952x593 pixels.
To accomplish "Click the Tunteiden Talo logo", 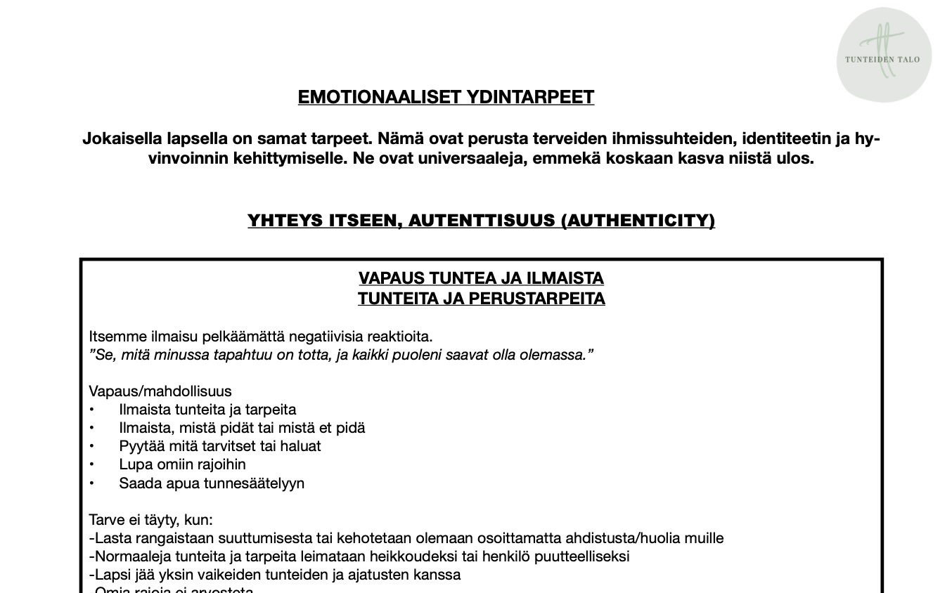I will tap(883, 55).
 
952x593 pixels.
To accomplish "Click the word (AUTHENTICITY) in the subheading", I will tap(638, 221).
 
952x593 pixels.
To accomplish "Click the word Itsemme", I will tap(117, 337).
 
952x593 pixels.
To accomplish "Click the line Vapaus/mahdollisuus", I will tap(160, 391).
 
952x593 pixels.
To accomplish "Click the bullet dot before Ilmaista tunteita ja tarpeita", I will tap(91, 410).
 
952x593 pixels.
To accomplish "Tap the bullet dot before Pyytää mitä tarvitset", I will tap(91, 446).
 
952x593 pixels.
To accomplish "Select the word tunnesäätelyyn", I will tap(254, 483).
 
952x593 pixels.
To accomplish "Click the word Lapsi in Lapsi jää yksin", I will tap(111, 575).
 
